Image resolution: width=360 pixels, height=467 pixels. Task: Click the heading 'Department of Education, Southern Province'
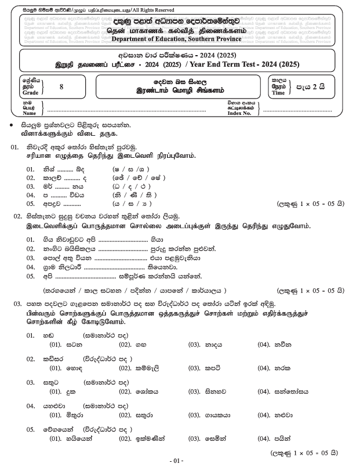(x=180, y=38)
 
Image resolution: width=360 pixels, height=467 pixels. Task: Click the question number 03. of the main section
(x=17, y=303)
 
